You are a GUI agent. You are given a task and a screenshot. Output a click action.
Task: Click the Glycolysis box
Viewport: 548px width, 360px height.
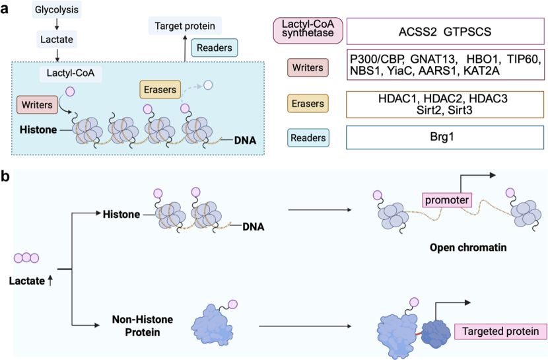point(57,9)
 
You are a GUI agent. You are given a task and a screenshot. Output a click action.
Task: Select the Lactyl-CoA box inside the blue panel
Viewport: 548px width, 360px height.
point(71,73)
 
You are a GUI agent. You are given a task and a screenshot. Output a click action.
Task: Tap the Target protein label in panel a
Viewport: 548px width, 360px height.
point(185,26)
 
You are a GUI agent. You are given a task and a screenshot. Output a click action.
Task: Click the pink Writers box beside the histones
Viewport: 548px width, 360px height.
point(37,104)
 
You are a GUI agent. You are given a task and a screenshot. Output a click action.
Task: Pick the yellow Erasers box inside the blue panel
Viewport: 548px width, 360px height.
point(160,89)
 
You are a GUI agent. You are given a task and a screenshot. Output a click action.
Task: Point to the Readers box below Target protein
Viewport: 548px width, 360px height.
point(214,48)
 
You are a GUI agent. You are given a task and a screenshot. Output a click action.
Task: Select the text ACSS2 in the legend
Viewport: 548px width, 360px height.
point(418,32)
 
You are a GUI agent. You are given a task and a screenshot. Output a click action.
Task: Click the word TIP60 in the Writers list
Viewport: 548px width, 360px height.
point(524,59)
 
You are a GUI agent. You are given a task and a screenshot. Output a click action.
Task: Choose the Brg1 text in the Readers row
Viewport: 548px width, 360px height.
point(442,137)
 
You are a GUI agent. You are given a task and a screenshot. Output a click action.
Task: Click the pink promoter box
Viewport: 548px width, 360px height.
point(447,200)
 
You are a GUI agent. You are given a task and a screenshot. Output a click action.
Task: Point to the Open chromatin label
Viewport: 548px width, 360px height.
point(468,248)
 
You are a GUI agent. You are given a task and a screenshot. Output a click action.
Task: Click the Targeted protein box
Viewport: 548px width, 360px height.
point(500,332)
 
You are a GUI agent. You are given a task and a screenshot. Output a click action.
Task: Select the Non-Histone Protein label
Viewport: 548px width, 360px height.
point(143,326)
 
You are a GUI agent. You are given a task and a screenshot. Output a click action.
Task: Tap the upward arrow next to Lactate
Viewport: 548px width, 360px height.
point(50,280)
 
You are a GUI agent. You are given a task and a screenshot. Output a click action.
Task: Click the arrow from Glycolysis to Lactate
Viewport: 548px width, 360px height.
point(57,24)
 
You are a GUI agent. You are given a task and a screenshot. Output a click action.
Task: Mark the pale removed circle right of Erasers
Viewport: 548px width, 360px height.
point(208,85)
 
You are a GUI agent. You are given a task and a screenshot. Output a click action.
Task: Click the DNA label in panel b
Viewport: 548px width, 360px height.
point(254,227)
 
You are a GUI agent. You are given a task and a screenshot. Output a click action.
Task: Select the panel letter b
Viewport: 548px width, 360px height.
point(5,176)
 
